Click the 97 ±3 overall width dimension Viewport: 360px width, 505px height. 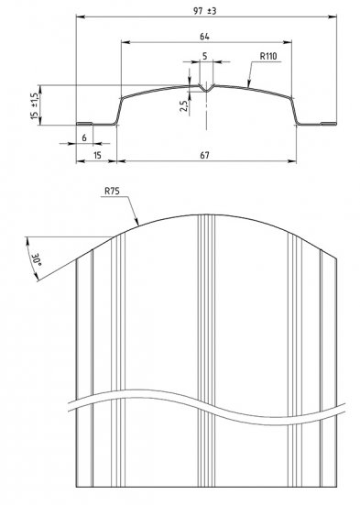pos(205,11)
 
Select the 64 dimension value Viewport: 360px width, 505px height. pos(204,37)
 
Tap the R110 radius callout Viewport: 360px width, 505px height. pos(268,56)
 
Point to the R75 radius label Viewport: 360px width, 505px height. pos(112,191)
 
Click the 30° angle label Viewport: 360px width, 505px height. pos(36,259)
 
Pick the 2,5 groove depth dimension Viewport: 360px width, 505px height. pos(183,106)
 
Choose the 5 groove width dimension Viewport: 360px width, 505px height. pos(205,56)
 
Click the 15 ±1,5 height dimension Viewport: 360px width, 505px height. pos(35,106)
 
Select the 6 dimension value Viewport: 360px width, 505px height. pos(84,137)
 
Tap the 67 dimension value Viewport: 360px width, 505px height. pos(205,156)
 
